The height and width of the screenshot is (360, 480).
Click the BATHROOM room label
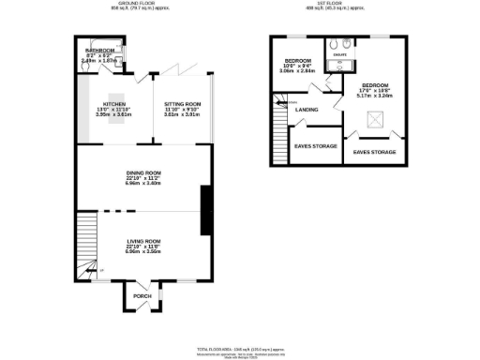point(99,51)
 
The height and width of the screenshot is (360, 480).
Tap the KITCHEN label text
point(115,104)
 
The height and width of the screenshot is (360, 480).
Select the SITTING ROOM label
point(182,104)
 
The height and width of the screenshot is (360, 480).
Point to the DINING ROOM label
point(144,172)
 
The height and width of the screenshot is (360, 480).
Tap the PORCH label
point(142,296)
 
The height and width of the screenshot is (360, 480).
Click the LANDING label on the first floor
point(307,110)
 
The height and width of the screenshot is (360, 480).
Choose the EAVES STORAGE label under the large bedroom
point(374,152)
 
